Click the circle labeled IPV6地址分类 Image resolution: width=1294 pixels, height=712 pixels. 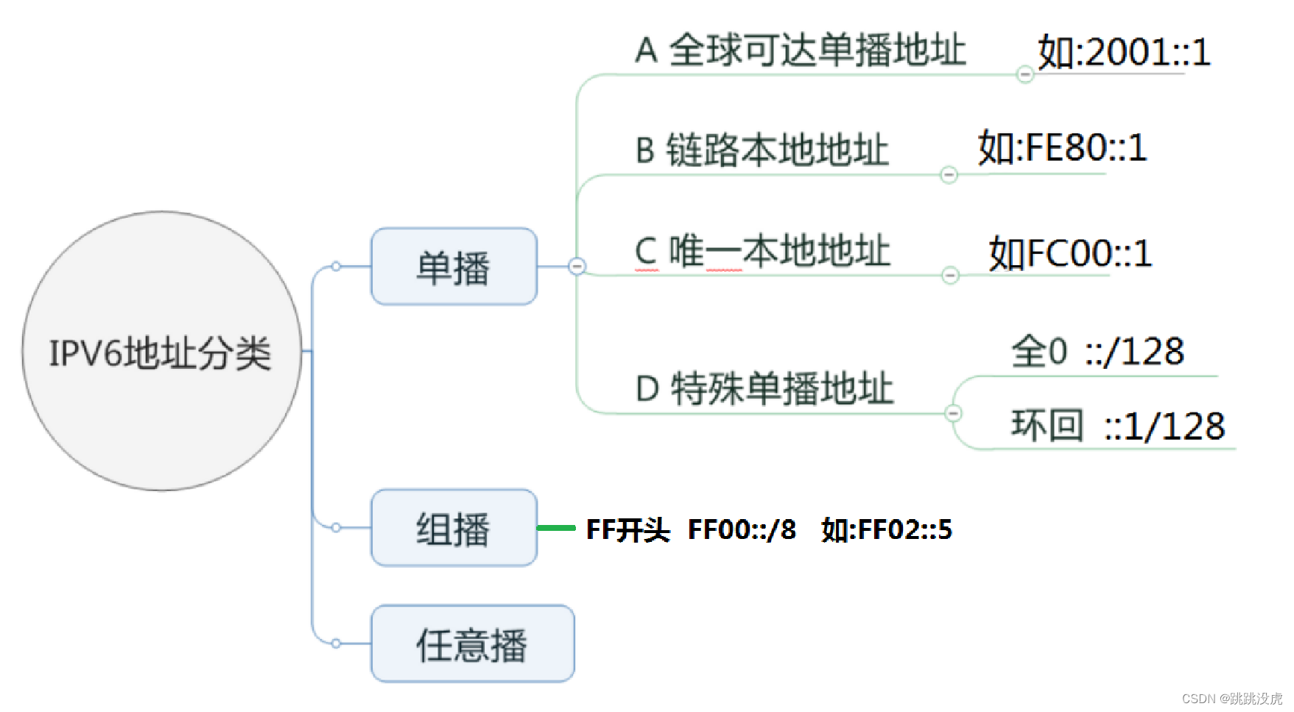162,351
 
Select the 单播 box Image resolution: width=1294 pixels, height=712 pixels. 454,267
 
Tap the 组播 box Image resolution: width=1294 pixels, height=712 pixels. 454,528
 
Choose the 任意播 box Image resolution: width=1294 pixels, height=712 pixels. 472,644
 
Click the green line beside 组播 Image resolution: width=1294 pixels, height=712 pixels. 556,528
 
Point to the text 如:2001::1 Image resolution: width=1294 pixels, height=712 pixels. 1124,52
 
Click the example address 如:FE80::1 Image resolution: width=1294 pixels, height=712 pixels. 1062,148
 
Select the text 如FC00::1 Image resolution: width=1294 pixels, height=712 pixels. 1070,253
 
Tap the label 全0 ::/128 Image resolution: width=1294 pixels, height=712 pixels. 1097,351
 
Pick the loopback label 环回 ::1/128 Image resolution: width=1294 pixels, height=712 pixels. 1118,426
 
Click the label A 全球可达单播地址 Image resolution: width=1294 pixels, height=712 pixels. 801,51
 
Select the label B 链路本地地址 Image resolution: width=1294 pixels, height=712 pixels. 762,150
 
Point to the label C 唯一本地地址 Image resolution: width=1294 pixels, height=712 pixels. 762,251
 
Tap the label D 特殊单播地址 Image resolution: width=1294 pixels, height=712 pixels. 764,388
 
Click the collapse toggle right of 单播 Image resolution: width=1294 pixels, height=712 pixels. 577,267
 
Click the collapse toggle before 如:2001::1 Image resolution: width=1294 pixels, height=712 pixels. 1024,74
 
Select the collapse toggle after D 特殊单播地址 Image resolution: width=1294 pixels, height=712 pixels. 953,413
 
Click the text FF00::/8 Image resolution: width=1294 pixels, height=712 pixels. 742,529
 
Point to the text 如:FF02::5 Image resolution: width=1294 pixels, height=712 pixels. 887,529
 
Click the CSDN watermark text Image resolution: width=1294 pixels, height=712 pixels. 1232,698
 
